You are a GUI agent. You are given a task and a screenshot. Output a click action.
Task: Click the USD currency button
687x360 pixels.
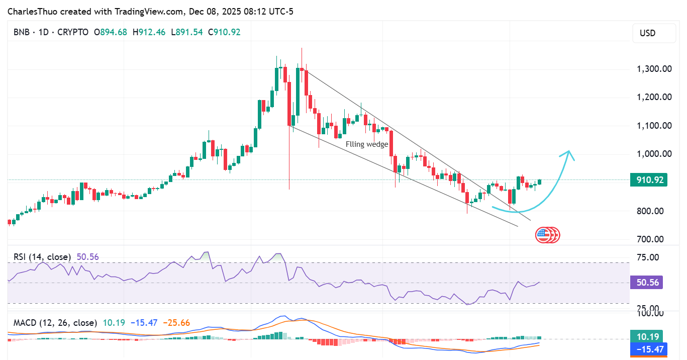pyautogui.click(x=647, y=33)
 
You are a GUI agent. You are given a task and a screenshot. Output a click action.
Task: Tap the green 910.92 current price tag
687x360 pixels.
pyautogui.click(x=648, y=180)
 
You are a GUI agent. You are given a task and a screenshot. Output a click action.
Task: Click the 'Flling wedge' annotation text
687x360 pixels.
pyautogui.click(x=367, y=144)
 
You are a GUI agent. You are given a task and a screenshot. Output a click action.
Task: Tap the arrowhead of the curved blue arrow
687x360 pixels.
pyautogui.click(x=569, y=152)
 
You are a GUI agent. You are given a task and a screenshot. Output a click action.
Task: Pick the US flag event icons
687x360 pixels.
pyautogui.click(x=547, y=234)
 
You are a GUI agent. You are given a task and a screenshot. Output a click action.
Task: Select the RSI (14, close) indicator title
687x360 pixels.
pyautogui.click(x=42, y=257)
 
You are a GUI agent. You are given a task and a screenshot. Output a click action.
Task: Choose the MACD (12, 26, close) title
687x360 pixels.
pyautogui.click(x=55, y=322)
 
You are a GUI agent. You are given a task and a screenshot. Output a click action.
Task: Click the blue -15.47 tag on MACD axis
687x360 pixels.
pyautogui.click(x=648, y=348)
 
